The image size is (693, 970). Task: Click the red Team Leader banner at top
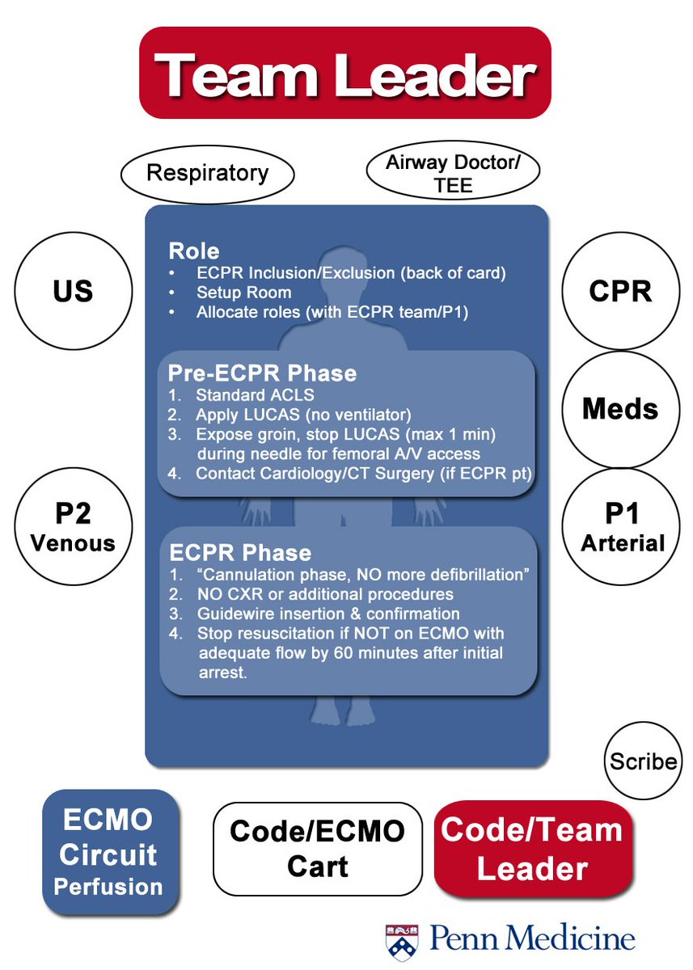(345, 74)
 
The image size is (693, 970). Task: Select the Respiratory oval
(207, 173)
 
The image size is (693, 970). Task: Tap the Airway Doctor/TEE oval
(452, 173)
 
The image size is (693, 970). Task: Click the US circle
(73, 292)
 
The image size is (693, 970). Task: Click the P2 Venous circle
(73, 527)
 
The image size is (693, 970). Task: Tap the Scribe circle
(643, 761)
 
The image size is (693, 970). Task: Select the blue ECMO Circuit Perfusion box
(110, 853)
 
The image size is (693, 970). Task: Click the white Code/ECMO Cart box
(318, 850)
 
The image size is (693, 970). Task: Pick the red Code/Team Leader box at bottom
(532, 849)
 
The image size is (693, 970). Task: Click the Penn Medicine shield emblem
(401, 940)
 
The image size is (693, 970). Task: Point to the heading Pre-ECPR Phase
(262, 373)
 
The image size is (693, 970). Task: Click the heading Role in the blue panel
(193, 251)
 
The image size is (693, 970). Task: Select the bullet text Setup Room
(243, 293)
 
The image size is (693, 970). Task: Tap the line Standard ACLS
(255, 396)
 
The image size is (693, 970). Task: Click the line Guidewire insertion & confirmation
(327, 614)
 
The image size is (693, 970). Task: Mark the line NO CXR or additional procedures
(323, 595)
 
